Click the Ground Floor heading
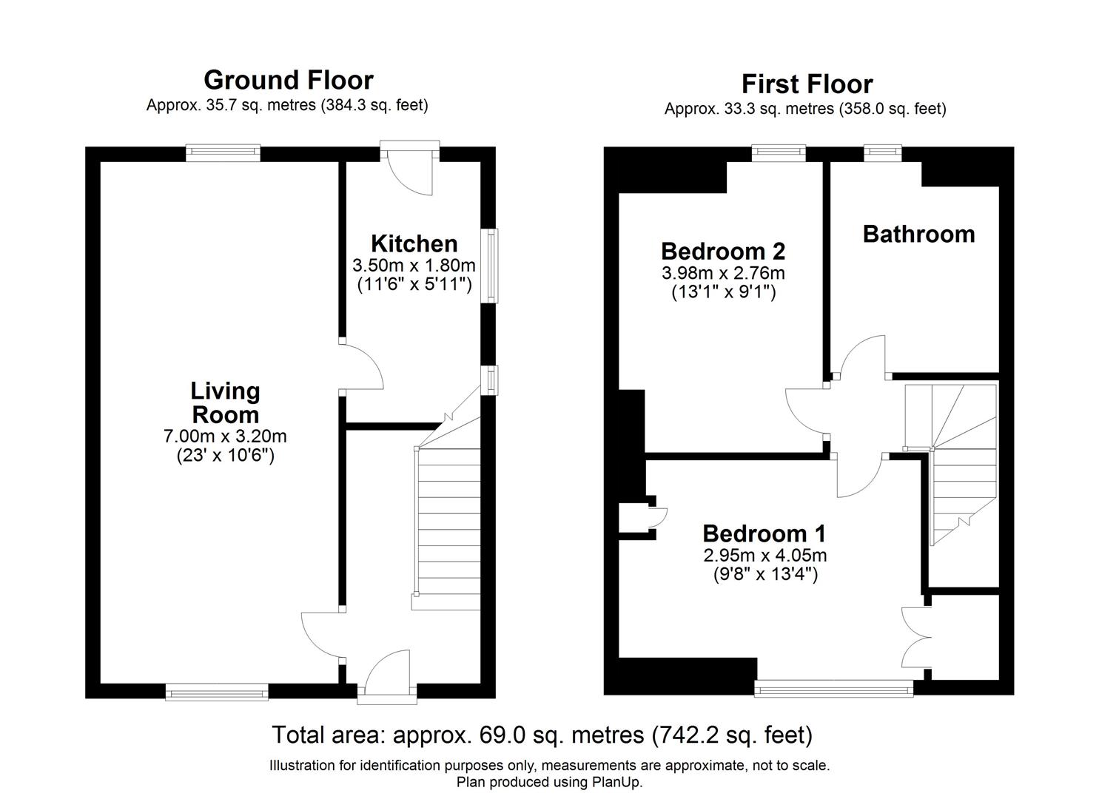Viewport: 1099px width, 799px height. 289,80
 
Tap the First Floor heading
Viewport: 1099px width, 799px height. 807,84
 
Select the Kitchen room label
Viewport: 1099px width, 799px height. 414,244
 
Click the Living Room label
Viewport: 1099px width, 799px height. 225,402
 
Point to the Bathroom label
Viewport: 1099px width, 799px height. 918,234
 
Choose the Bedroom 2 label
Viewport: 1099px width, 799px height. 723,251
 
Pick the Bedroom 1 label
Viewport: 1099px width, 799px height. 764,533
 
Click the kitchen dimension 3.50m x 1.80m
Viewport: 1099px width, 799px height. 414,266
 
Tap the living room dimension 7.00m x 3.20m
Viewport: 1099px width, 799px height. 225,436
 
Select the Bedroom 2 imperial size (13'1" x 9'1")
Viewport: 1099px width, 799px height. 724,292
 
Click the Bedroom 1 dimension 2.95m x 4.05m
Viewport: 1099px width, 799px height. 765,555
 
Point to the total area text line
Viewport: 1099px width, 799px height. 542,735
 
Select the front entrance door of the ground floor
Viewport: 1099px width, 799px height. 387,678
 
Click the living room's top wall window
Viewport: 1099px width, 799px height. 223,152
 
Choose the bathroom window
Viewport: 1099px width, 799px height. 883,152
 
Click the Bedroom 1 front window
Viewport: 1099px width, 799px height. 833,688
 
